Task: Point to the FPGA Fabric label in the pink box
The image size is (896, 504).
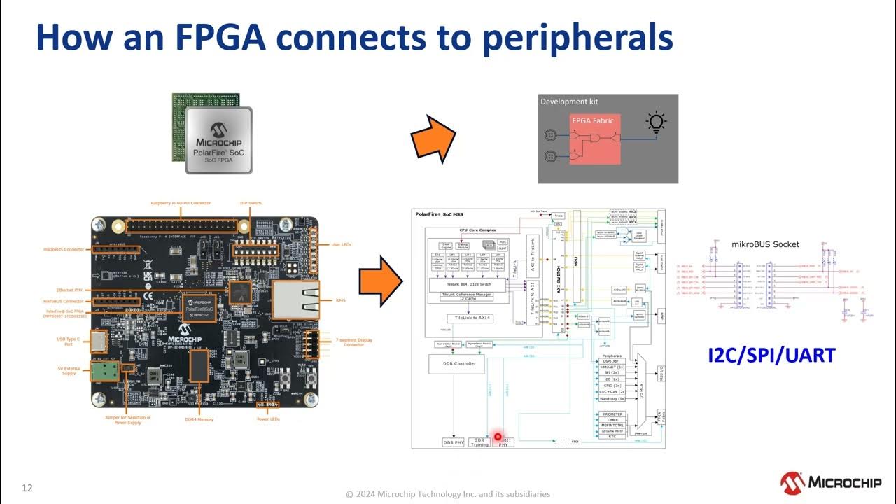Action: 592,120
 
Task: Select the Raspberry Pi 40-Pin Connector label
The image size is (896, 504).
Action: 180,203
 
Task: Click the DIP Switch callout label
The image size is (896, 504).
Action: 250,203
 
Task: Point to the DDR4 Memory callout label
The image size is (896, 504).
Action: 199,419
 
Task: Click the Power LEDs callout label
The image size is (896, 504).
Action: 268,419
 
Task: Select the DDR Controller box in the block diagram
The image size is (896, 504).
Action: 456,363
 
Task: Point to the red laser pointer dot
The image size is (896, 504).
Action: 498,437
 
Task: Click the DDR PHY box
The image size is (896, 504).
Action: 454,442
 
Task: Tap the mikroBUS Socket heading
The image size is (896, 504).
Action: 765,244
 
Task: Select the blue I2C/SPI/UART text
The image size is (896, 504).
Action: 771,355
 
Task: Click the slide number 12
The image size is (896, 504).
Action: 27,488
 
